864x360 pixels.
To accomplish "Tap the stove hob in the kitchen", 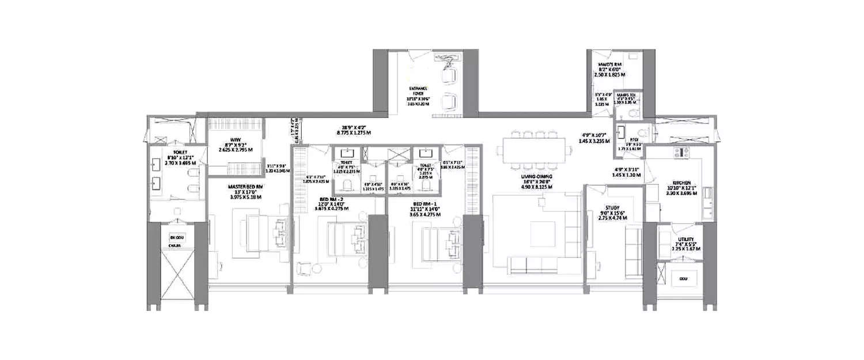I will (x=683, y=153).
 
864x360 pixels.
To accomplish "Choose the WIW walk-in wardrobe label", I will (x=234, y=139).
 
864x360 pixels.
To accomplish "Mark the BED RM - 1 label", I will (x=426, y=202).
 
